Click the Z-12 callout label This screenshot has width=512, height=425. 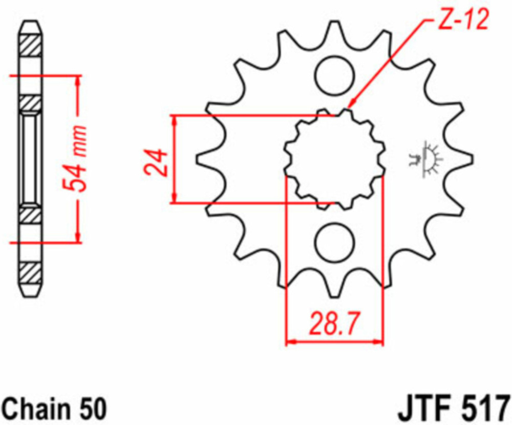[x=463, y=20]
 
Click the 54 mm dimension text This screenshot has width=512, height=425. [x=75, y=158]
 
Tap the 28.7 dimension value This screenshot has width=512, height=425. [x=334, y=324]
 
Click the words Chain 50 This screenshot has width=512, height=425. [x=54, y=408]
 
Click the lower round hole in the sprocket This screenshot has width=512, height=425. [x=335, y=242]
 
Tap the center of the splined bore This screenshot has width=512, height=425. [x=334, y=159]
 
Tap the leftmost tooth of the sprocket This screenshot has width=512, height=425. [x=206, y=159]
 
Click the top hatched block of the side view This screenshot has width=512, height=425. [x=31, y=45]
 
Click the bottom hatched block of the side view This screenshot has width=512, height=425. [x=31, y=273]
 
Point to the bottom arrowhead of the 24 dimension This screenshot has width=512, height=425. [x=175, y=198]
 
